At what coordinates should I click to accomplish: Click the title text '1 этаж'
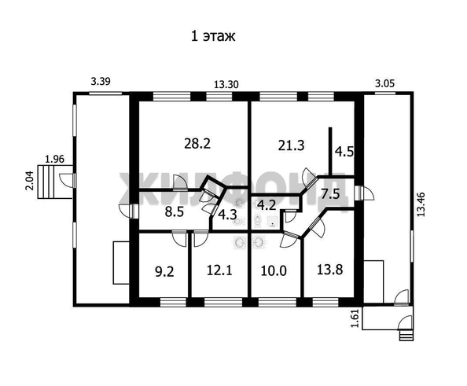pos(212,35)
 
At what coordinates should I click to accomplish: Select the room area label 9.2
pos(164,272)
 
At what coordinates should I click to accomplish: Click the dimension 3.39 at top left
pos(101,82)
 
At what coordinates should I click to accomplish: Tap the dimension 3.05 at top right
pos(384,82)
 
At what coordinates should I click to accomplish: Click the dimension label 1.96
pos(54,158)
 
